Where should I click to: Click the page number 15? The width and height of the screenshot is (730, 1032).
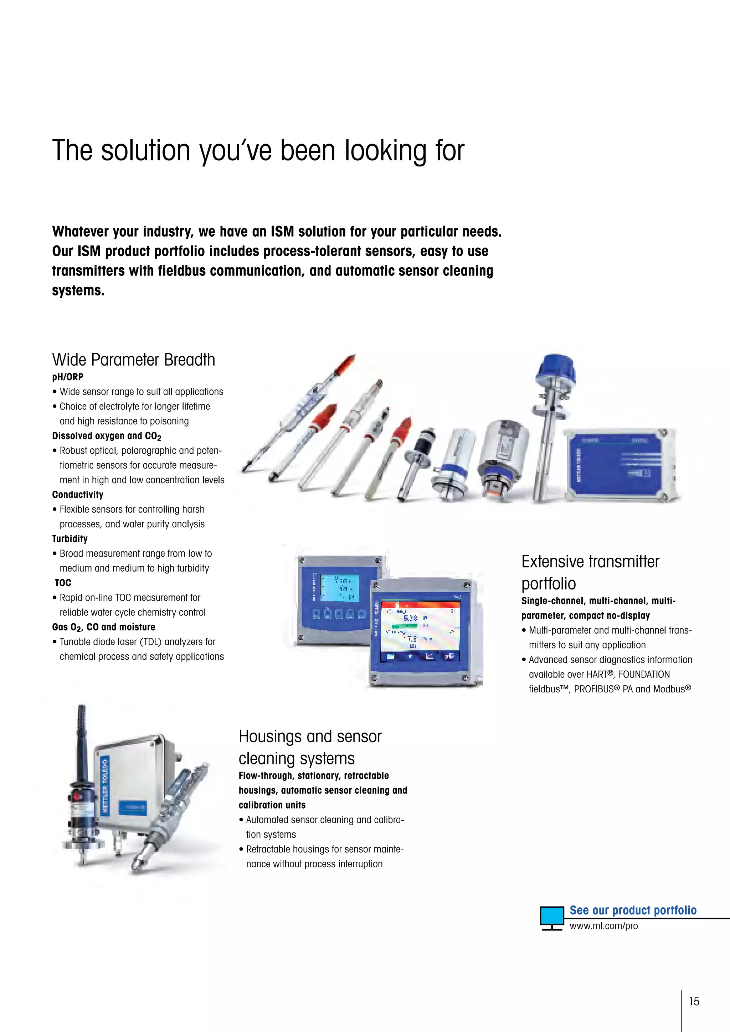click(694, 1001)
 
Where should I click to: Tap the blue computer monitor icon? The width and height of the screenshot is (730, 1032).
click(551, 917)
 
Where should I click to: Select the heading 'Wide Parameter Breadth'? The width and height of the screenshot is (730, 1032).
click(134, 360)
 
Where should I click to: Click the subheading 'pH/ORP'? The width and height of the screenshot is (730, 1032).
click(68, 377)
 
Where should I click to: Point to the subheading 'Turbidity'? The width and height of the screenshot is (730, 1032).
click(70, 538)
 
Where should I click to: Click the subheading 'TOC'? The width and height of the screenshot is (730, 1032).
click(63, 583)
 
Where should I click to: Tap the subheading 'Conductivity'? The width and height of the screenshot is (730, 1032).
click(78, 494)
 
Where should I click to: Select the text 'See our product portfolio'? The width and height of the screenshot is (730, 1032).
click(633, 910)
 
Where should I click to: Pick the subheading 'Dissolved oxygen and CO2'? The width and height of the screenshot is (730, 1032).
click(107, 436)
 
